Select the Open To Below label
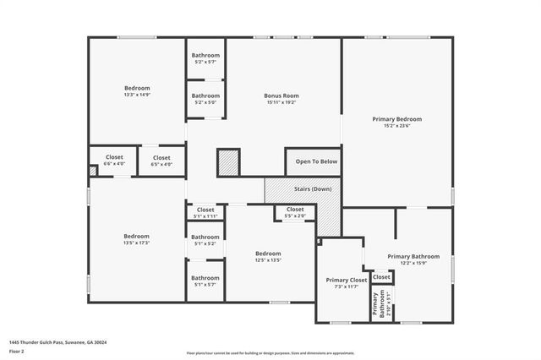[x=316, y=161]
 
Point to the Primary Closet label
[x=347, y=280]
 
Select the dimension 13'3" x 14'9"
[x=137, y=95]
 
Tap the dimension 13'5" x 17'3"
[x=137, y=243]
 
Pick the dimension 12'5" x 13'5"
[x=269, y=260]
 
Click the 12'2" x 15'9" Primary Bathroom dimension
[x=413, y=263]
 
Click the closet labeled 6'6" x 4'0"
[x=114, y=161]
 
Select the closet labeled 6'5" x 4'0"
[x=161, y=161]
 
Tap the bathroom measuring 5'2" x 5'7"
[x=205, y=58]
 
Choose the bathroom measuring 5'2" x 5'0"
[x=205, y=99]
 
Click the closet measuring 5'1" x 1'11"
[x=205, y=213]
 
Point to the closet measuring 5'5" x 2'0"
[x=295, y=212]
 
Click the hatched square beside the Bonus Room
[x=228, y=161]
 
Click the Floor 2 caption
[x=16, y=351]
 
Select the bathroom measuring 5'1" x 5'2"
[x=205, y=240]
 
